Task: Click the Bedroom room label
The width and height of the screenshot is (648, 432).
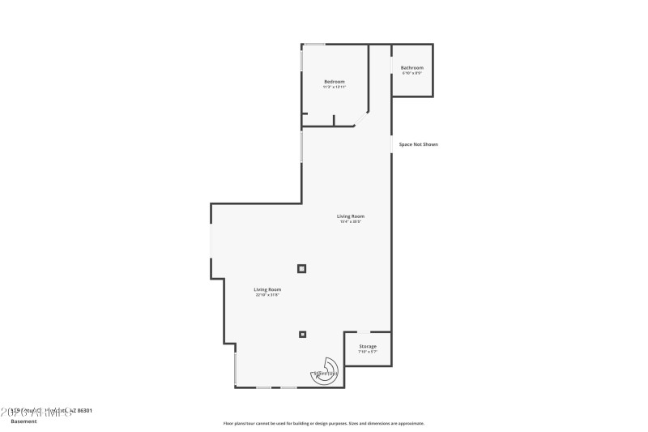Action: (335, 82)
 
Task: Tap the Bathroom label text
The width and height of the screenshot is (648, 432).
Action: (412, 68)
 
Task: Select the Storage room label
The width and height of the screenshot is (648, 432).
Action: (368, 346)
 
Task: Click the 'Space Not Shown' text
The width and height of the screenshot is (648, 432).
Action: (418, 144)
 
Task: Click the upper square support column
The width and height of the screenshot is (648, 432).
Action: (302, 268)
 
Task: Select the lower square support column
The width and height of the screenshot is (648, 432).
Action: (303, 333)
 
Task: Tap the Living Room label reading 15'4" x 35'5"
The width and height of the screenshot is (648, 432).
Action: (351, 216)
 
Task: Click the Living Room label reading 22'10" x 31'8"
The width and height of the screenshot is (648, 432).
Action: (267, 289)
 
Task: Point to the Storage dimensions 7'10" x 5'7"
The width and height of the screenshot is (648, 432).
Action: (368, 352)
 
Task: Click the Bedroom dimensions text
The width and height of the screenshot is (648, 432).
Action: (335, 87)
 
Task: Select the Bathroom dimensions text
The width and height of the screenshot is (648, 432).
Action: (412, 74)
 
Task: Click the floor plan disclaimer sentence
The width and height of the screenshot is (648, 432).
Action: (324, 423)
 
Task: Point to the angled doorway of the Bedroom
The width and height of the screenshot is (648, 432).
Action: (360, 119)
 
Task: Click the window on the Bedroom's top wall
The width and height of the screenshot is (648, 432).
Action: (314, 44)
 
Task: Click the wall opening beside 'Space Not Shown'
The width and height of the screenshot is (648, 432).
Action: (392, 143)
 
